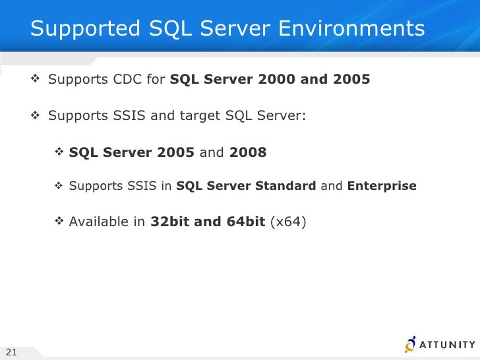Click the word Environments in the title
352,28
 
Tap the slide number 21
11,351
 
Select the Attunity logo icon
411,344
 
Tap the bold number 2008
248,153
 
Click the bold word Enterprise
382,186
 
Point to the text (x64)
288,222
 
